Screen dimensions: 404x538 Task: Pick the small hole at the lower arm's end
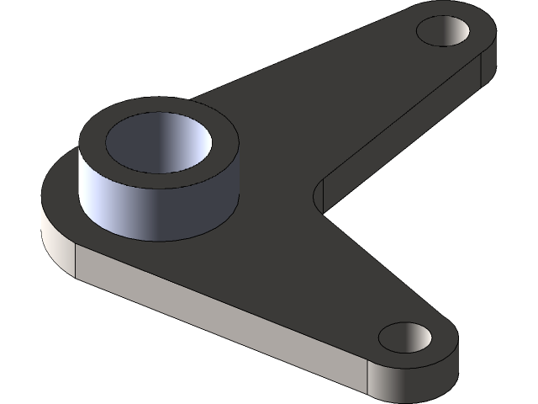[404, 337]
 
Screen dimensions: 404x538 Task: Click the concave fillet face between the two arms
[319, 194]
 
